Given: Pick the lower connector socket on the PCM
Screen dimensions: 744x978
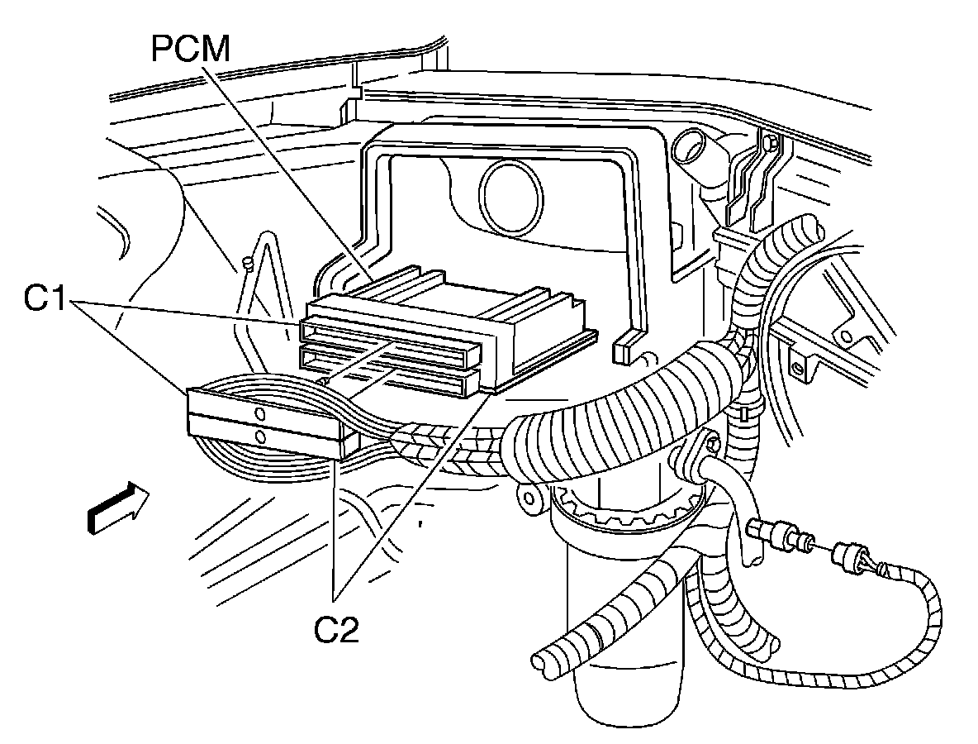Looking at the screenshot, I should [x=388, y=371].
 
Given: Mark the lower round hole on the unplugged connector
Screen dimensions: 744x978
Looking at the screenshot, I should [x=260, y=436].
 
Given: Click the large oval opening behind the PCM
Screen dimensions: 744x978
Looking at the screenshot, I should [x=510, y=196].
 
